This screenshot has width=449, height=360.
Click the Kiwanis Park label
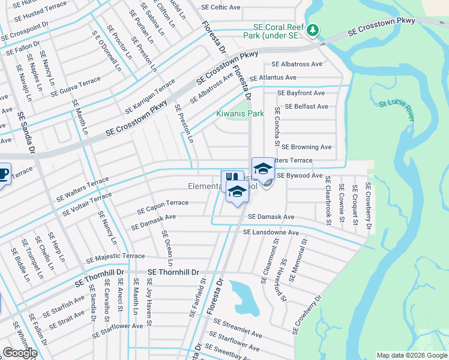click(240, 113)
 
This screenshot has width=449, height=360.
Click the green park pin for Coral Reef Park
click(312, 30)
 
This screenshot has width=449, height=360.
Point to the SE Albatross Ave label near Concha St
click(297, 64)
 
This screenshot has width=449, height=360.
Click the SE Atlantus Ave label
click(273, 78)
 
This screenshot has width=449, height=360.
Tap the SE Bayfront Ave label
click(301, 94)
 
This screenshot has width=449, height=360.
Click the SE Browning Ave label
click(306, 147)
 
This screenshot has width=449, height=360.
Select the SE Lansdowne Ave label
click(271, 232)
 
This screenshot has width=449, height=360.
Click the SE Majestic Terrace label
click(115, 257)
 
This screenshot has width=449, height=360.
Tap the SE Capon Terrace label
click(163, 207)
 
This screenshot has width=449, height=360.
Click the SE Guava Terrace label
click(76, 87)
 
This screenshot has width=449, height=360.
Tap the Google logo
click(20, 353)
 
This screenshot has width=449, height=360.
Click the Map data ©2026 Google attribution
click(412, 355)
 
